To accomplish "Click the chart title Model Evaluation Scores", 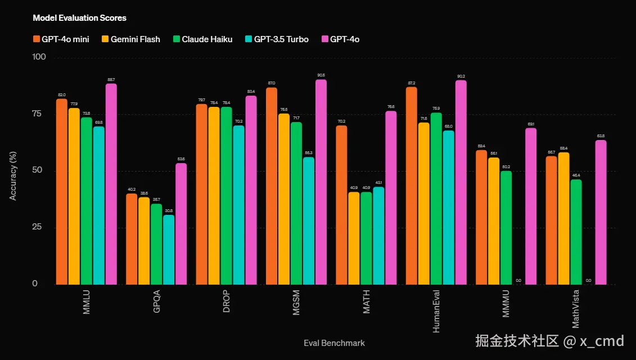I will point(79,18).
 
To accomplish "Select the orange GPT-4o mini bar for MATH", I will point(341,205).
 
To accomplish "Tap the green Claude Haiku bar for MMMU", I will point(506,227).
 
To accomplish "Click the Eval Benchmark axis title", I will point(334,343).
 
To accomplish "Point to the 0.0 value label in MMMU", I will point(518,280).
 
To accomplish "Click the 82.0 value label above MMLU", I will point(61,95).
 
